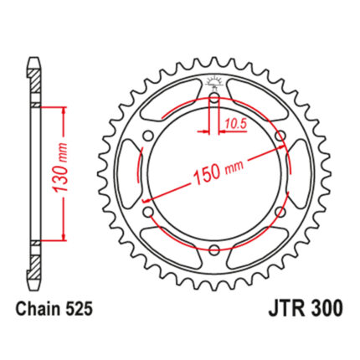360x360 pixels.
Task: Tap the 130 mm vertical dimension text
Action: [x=60, y=167]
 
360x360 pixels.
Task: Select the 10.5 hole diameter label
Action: [x=236, y=123]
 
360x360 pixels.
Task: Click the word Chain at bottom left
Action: [x=38, y=309]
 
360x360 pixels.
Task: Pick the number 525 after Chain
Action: [x=79, y=309]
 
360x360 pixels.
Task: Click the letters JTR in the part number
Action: [x=286, y=308]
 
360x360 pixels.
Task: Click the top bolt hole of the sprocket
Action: [x=214, y=98]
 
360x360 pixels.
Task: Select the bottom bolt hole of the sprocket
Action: [x=214, y=249]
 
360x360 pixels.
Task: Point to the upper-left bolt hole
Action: [x=148, y=136]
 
